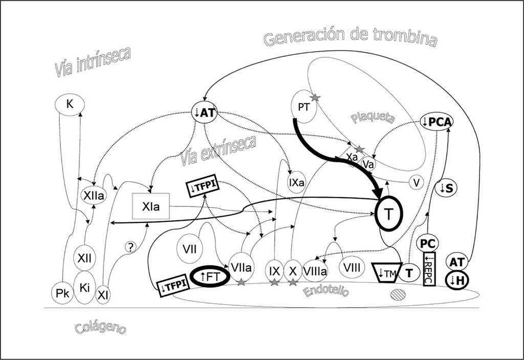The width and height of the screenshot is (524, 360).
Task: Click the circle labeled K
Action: coord(69,105)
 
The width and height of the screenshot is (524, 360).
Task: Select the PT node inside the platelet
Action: coord(303,107)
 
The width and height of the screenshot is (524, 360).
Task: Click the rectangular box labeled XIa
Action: coord(151,206)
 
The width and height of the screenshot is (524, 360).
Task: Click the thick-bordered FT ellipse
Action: coord(209,277)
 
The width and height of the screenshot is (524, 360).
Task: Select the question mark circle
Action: coord(131,247)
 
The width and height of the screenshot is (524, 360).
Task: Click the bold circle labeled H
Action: coord(457,281)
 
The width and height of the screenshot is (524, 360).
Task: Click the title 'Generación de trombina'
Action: coord(350,38)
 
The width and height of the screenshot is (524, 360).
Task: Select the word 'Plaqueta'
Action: coord(373,118)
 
